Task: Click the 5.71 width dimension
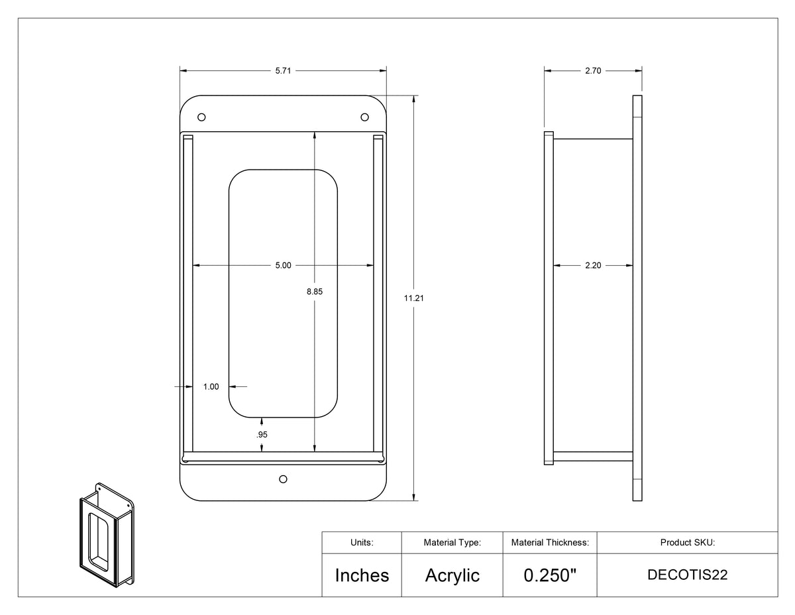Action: pos(283,71)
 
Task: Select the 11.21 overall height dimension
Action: pos(414,298)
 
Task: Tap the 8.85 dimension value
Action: pos(315,292)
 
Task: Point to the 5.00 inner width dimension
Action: pos(283,265)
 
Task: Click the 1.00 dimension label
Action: pos(211,387)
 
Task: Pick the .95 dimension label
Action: pos(262,435)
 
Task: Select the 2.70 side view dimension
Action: pos(593,71)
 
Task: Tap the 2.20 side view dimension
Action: pos(593,265)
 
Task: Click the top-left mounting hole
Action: pos(201,117)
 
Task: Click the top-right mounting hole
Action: pos(365,117)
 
